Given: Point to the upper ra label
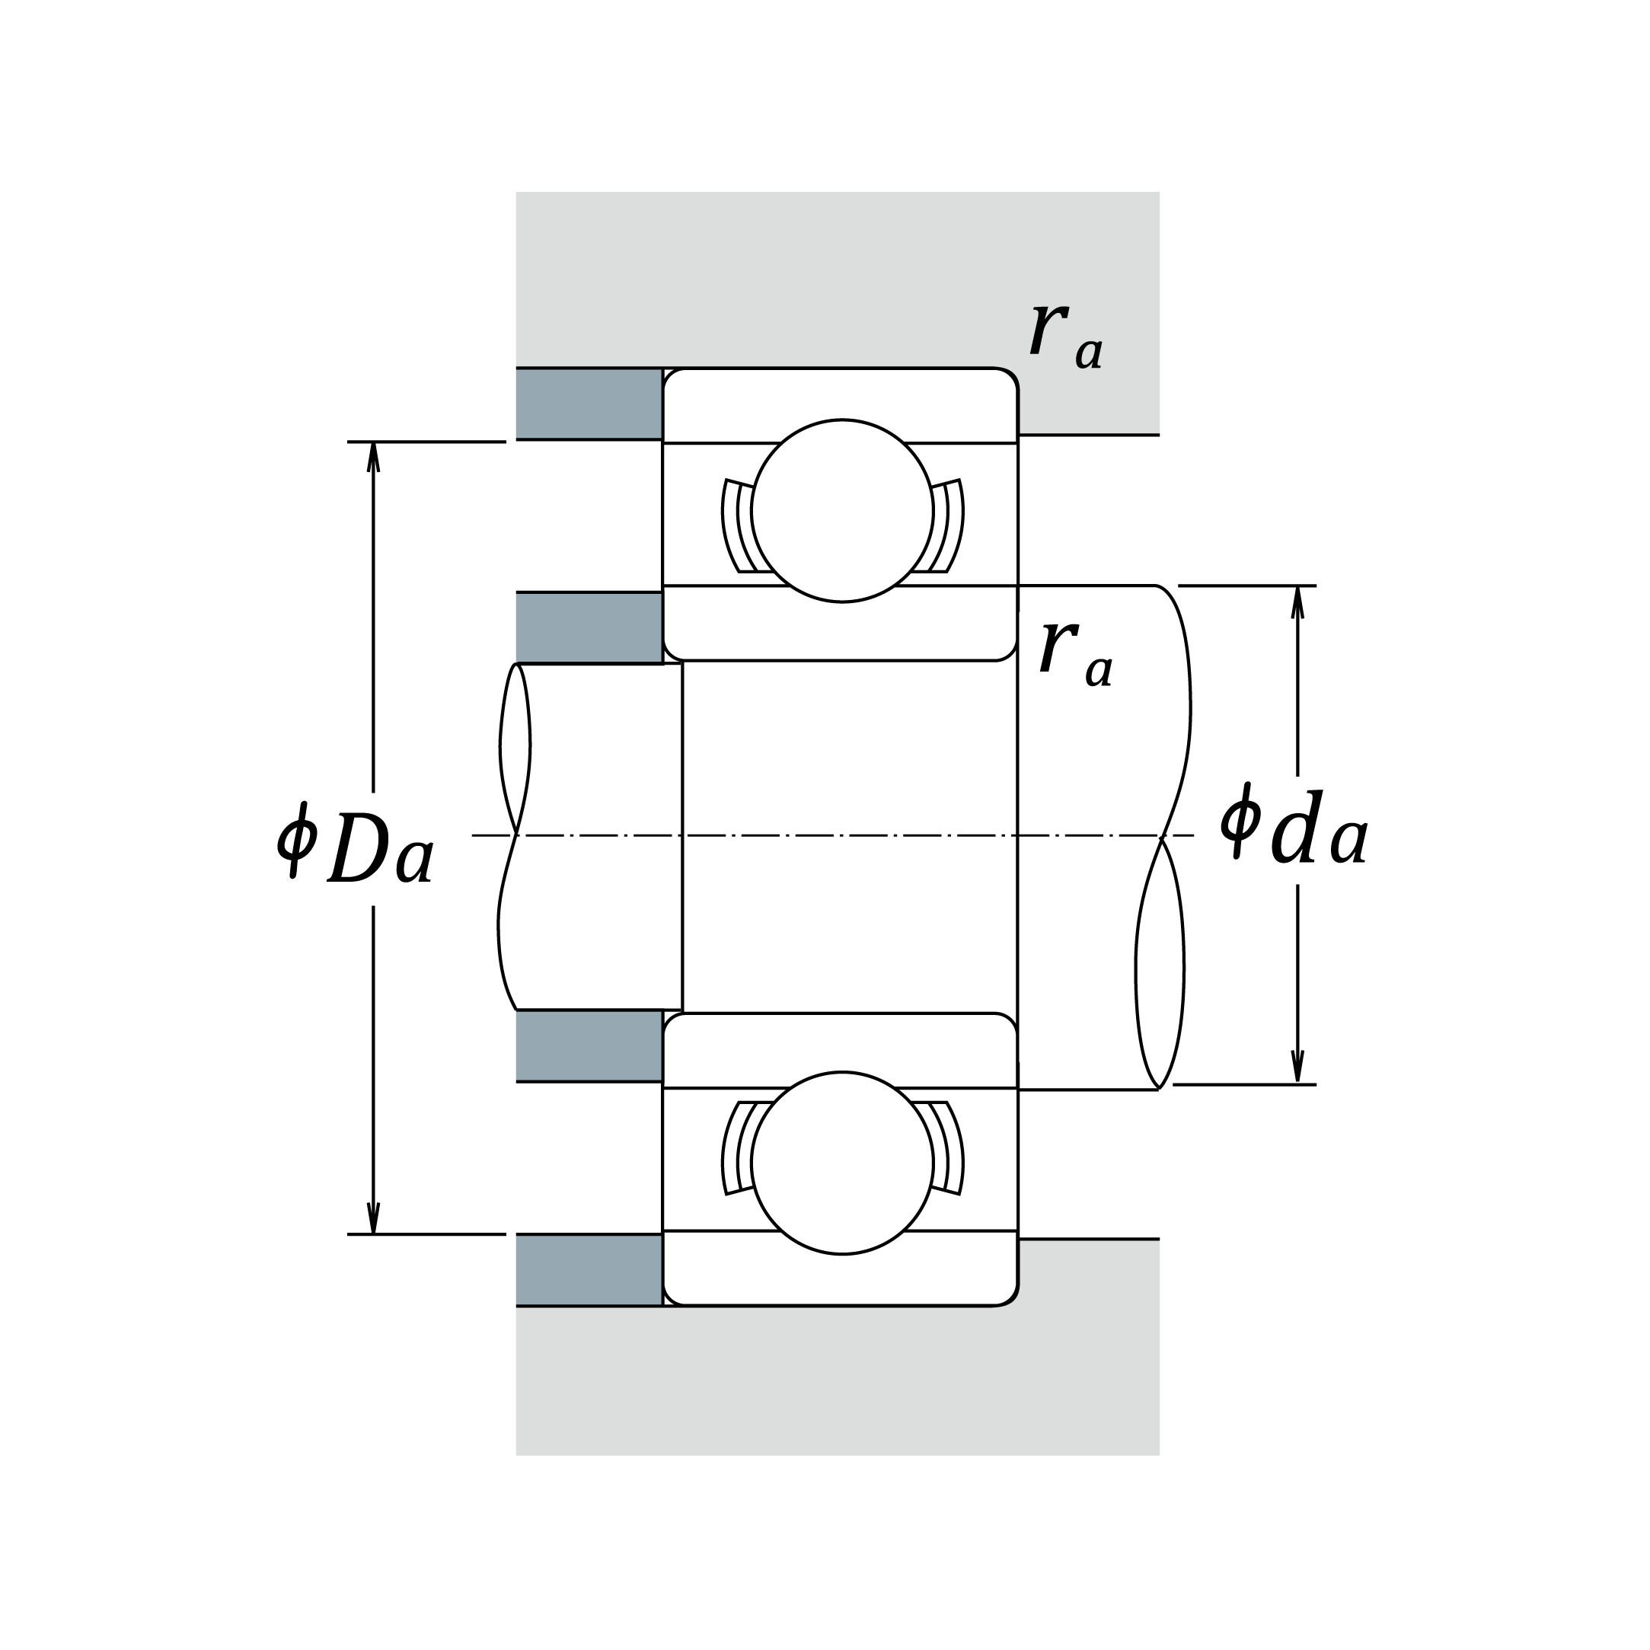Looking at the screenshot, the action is tap(1066, 337).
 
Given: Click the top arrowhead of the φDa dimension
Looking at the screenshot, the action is tap(373, 457).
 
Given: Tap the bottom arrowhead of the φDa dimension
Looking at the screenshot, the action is tap(373, 1219).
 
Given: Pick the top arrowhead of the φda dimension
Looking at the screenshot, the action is tap(1297, 602).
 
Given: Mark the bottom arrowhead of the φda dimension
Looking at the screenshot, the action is tap(1297, 1068).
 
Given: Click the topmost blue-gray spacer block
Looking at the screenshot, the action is tap(589, 404).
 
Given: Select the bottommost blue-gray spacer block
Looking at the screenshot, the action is tap(589, 1270).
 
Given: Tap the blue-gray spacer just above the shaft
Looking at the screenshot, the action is tap(589, 627).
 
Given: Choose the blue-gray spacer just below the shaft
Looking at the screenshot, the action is tap(589, 1046).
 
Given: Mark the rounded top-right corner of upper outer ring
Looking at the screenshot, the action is tap(1010, 377).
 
